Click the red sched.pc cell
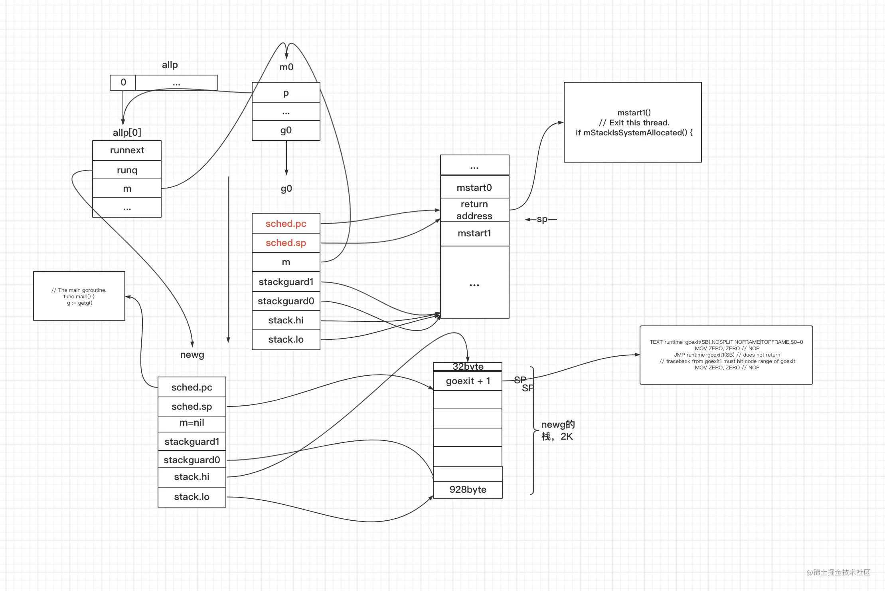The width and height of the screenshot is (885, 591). pos(286,223)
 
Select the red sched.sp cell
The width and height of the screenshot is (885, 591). pos(286,243)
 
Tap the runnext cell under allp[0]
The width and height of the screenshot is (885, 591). pos(127,150)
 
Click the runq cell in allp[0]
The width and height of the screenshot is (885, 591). pos(127,170)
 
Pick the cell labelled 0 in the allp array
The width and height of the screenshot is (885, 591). pos(123,82)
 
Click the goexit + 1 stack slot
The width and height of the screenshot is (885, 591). pos(468,381)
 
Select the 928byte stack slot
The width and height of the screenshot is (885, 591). pos(468,490)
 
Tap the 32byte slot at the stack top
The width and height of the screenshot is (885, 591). pos(468,367)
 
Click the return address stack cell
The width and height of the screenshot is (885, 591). pos(474,210)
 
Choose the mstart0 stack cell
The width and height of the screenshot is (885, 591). pos(474,187)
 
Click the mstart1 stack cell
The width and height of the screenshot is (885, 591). pos(474,233)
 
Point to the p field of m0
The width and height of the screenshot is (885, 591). pos(286,92)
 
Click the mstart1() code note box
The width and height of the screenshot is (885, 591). pos(633,122)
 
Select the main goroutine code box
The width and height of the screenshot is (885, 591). pos(79,296)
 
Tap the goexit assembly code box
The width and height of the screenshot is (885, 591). pos(726,355)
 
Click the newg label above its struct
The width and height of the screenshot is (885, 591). pos(192,355)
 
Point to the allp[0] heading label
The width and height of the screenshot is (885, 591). pos(127,132)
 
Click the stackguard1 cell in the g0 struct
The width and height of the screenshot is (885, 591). pos(286,282)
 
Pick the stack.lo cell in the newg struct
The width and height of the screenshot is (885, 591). pos(192,497)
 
